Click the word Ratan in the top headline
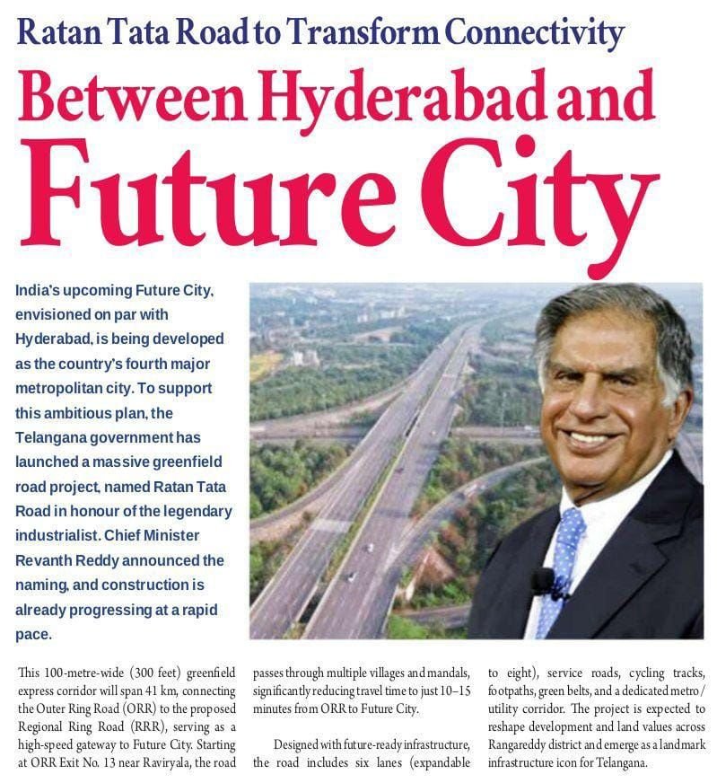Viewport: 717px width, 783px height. pos(57,33)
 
